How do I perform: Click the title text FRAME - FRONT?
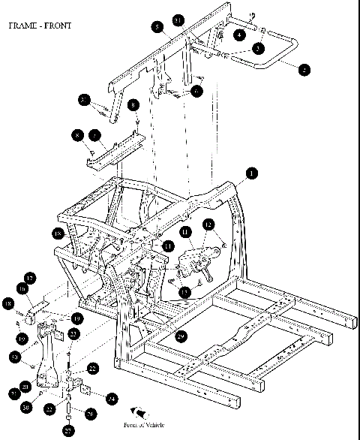point(39,26)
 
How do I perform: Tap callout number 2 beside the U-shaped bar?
point(304,70)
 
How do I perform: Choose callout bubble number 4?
point(239,35)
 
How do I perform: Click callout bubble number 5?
point(156,28)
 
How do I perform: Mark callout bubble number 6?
point(196,91)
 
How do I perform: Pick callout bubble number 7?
point(95,135)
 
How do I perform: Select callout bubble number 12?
point(208,225)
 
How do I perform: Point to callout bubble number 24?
point(111,398)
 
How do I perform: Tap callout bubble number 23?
point(73,333)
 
